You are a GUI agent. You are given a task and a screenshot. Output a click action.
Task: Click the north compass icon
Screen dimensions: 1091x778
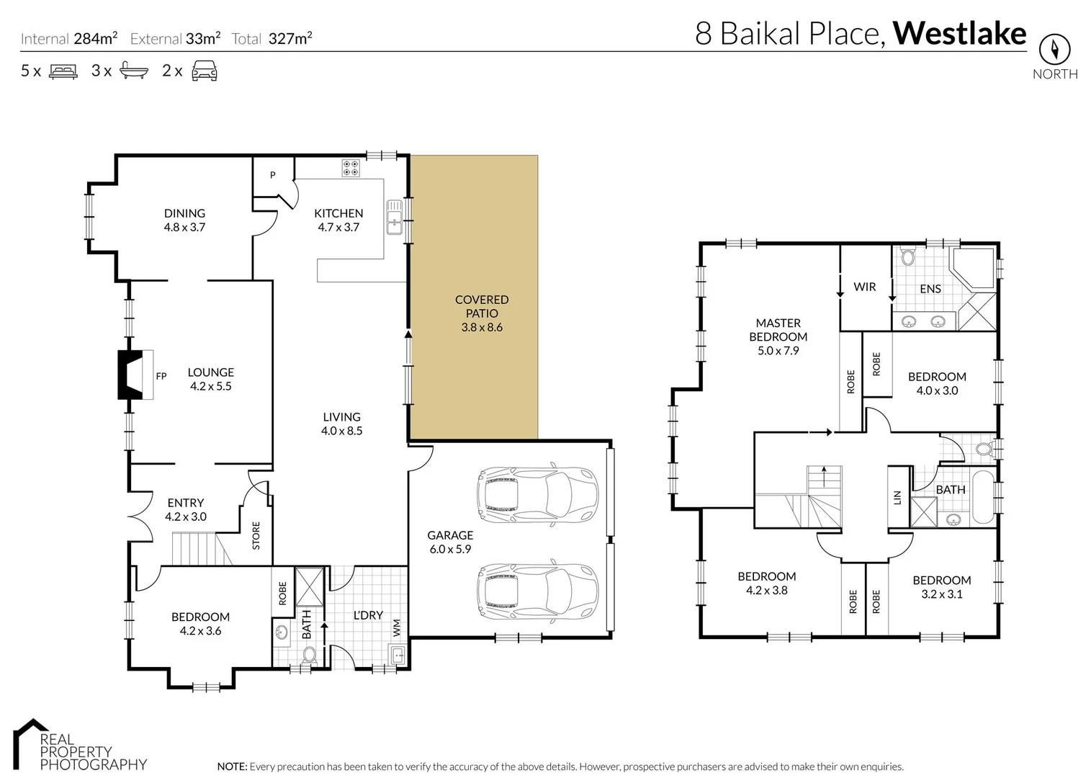[1054, 49]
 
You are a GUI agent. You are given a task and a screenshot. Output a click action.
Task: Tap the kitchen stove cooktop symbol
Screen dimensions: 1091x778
[351, 168]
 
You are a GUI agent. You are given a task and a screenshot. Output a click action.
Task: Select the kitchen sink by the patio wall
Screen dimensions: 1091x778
[395, 217]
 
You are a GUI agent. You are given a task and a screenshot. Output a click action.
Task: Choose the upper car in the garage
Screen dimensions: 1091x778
[537, 494]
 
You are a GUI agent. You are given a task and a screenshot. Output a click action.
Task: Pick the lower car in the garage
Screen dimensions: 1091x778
[537, 591]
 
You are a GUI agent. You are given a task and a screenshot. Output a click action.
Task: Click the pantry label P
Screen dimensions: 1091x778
[273, 175]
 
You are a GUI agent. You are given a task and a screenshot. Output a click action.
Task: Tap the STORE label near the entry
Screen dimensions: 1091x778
[256, 535]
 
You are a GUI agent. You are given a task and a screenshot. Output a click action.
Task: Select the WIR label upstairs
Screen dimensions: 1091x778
[865, 287]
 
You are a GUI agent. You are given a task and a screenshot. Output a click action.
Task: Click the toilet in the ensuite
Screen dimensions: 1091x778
[908, 255]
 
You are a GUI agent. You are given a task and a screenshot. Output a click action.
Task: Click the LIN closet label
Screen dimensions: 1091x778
[897, 497]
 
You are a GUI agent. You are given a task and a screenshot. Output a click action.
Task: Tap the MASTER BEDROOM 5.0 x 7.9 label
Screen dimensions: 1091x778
[778, 336]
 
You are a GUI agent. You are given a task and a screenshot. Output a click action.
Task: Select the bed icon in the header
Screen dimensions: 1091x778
[63, 71]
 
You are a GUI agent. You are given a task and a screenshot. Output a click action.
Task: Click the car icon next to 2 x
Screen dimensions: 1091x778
[205, 71]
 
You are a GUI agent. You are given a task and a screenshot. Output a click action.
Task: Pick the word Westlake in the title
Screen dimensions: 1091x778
[959, 34]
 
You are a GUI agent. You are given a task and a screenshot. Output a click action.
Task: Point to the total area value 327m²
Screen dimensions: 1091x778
[289, 38]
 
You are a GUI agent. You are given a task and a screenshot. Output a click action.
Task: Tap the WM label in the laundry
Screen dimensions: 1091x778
[397, 628]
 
